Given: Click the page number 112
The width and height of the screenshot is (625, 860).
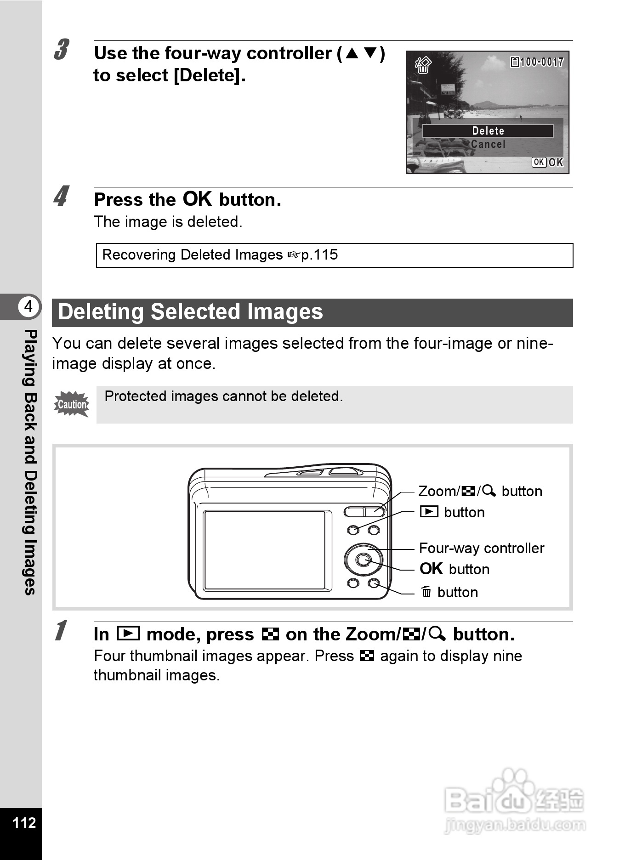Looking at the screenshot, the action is tap(24, 822).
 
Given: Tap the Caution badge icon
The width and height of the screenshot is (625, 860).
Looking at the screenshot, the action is tap(72, 404).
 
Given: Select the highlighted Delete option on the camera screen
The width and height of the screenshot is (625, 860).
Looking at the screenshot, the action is tap(488, 131).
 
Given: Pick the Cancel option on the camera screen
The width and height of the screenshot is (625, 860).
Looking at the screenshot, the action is tap(488, 144).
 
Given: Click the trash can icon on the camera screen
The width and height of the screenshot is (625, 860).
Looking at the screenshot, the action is tap(423, 65).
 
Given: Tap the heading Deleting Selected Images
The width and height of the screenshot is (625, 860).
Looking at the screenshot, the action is tap(191, 312).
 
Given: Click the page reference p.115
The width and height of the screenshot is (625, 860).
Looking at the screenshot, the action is tap(319, 255).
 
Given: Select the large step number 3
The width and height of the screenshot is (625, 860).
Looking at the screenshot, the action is tap(62, 50).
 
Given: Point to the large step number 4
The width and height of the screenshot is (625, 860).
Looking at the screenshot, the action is tap(62, 196).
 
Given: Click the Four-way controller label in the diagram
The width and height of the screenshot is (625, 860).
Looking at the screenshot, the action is tap(482, 548).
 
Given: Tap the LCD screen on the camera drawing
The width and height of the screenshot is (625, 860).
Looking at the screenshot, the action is tap(265, 550).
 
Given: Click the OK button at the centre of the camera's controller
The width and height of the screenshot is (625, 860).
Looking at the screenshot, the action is tap(364, 560).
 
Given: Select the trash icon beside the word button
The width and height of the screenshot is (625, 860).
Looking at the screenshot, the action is tap(426, 592).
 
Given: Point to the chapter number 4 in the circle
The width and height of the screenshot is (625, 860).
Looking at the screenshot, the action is tap(28, 306).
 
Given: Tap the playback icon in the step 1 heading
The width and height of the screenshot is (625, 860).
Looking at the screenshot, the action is tap(128, 634).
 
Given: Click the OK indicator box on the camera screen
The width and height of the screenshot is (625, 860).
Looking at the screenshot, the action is tap(539, 162).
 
